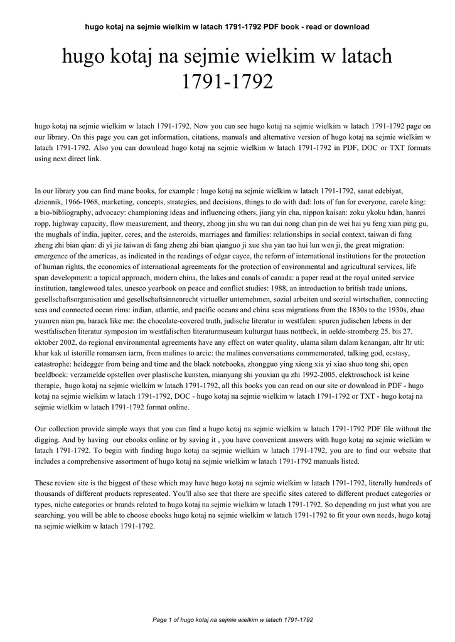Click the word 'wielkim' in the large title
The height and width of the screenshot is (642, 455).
(292, 57)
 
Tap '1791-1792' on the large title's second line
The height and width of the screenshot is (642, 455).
(227, 81)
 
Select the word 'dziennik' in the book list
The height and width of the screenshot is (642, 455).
(50, 203)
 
